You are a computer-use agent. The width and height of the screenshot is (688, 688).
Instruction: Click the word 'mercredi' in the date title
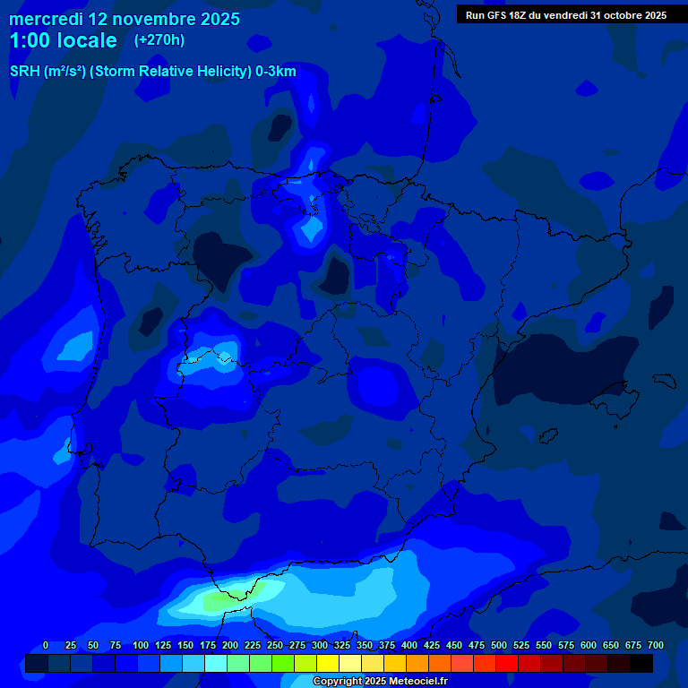[46, 19]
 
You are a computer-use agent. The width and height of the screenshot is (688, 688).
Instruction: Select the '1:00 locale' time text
[63, 40]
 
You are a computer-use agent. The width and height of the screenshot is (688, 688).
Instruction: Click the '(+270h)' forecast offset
[159, 40]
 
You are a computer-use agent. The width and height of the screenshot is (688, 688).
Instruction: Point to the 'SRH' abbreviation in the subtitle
[24, 72]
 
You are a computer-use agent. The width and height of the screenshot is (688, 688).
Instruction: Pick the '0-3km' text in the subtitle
[275, 72]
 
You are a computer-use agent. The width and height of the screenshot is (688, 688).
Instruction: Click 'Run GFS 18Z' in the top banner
[496, 15]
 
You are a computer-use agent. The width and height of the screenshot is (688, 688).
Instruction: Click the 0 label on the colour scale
[46, 646]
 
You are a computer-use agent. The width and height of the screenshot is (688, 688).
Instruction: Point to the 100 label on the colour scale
[141, 646]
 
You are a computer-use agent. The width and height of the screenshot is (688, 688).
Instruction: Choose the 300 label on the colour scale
[320, 646]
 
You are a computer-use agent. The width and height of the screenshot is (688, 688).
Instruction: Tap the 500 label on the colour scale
[499, 646]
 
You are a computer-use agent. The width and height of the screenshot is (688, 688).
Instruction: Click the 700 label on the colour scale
[656, 646]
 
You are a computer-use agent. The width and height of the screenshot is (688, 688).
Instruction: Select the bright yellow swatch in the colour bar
[328, 663]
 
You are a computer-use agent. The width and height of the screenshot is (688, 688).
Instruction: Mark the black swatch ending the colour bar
[641, 663]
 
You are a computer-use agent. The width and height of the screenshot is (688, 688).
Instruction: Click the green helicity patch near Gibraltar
[215, 602]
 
